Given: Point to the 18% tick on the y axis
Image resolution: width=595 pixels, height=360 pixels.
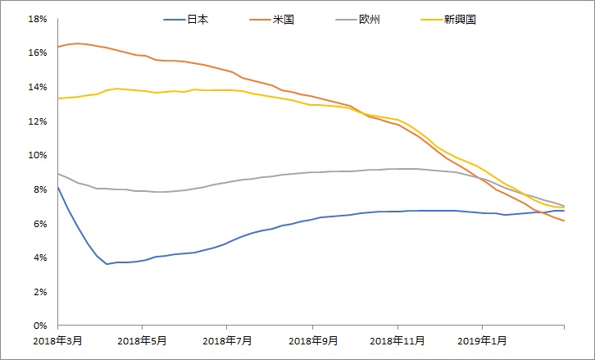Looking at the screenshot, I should (x=37, y=19).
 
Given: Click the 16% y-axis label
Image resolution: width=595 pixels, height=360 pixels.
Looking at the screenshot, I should (x=37, y=52).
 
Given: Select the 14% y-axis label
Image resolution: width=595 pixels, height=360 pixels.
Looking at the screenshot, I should (x=37, y=87).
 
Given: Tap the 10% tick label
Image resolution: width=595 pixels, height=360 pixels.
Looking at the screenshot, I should (x=37, y=155).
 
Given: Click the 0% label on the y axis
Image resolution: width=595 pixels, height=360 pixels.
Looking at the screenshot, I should (x=39, y=326).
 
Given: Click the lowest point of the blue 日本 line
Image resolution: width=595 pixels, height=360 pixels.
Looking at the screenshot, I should (x=107, y=264).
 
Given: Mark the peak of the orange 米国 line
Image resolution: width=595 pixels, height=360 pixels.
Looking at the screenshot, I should (x=77, y=43).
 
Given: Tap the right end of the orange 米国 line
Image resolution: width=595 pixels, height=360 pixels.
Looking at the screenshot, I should (x=564, y=221).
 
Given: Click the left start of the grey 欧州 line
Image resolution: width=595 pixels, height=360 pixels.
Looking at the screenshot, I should (x=57, y=174).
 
